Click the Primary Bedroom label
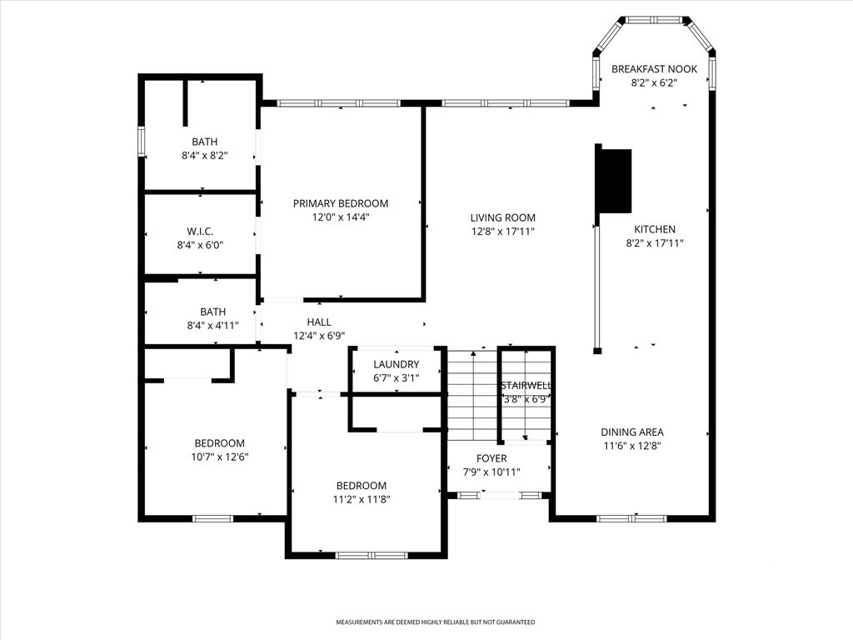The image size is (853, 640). point(341,203)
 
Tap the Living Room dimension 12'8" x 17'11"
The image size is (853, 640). point(502,232)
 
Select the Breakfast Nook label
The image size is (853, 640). point(654,69)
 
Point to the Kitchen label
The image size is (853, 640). point(655,229)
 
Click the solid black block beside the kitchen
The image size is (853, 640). point(615,181)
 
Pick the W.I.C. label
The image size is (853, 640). point(200,232)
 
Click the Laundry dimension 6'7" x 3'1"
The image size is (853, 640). point(396,377)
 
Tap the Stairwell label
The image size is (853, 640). point(526,385)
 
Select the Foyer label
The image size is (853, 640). point(491,459)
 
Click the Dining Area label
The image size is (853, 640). point(632,432)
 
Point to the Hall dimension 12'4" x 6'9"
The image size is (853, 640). point(319,336)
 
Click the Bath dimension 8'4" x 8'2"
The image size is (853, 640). point(205,156)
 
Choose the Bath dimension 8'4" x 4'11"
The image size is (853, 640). point(212,326)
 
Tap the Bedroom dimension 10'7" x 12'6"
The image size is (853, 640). point(220,457)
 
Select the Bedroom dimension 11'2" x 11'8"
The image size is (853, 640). point(362,499)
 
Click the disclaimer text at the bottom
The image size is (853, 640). point(435,622)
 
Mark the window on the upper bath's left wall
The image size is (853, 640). point(141,142)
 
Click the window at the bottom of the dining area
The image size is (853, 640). point(631,518)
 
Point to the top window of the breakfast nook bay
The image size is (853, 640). point(653,20)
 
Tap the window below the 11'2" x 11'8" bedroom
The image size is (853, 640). point(372,556)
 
